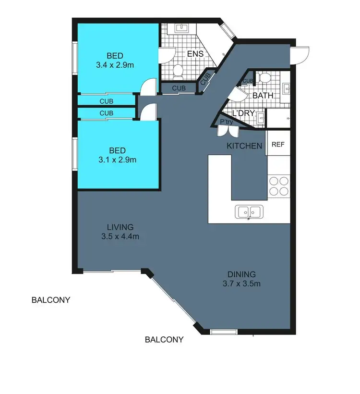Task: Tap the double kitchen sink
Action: coord(248,211)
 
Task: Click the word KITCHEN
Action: coord(244,146)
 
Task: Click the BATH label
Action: coord(263,96)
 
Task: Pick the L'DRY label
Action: coord(244,113)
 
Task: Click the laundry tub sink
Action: coord(260,118)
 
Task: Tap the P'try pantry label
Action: coord(226,122)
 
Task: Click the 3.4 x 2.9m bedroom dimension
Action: coord(117,63)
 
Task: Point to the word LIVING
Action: coord(120,227)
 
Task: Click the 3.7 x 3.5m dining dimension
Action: coord(242,283)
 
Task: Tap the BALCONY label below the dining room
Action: coord(164,340)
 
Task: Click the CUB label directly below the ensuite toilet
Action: coord(179,88)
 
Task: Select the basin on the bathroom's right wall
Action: coord(287,88)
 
